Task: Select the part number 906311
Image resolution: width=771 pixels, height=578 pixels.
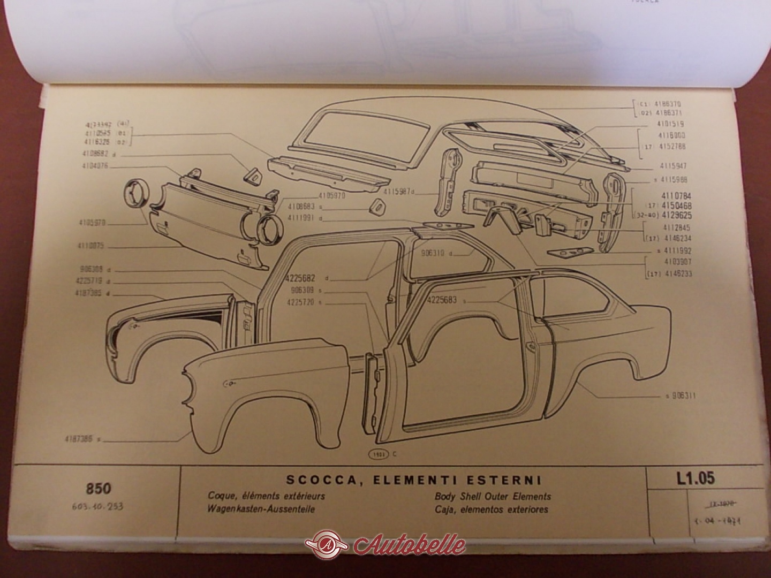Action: tap(683, 396)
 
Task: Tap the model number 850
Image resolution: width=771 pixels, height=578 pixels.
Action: tap(99, 489)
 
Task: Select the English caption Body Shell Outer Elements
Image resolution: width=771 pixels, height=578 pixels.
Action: tap(493, 497)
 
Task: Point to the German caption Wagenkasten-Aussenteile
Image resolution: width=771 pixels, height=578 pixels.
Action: tap(261, 509)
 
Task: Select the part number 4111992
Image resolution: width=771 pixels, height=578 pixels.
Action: tap(663, 250)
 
